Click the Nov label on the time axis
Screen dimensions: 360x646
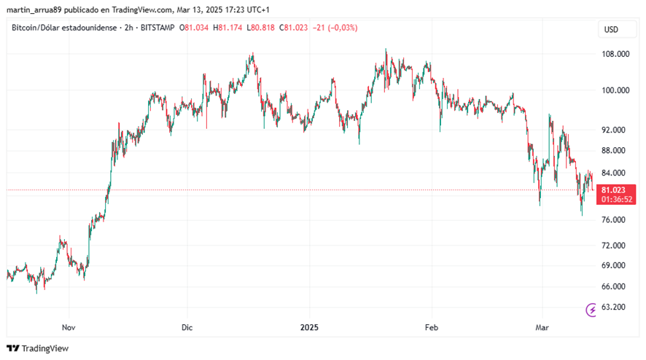[x=69, y=327]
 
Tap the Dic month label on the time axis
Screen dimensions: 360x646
[x=187, y=327]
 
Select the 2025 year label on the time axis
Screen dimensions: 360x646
[x=309, y=327]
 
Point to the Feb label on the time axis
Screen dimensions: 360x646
[x=432, y=327]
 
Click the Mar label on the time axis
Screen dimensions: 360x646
[x=542, y=327]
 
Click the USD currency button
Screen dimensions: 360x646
[x=611, y=30]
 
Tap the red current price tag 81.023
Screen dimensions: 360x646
[x=613, y=190]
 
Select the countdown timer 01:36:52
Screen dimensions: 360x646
[x=613, y=199]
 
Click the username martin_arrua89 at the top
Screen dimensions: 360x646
[x=35, y=9]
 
